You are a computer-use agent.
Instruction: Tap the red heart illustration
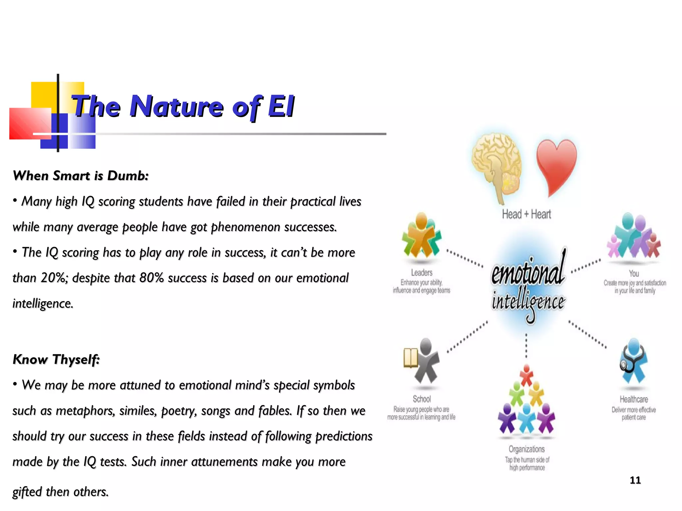(x=556, y=165)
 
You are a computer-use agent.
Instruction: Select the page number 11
(x=635, y=480)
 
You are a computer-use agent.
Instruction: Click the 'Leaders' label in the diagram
(x=422, y=273)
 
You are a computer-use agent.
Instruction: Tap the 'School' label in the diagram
(x=422, y=399)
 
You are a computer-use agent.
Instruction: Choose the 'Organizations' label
(x=526, y=449)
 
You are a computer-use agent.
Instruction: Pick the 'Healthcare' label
(x=634, y=399)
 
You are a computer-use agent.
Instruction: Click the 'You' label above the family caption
(x=634, y=273)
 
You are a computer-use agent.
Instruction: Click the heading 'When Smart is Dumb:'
(x=81, y=176)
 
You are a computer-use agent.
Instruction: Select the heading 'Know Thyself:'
(x=56, y=359)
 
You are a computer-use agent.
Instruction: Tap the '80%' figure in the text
(x=152, y=278)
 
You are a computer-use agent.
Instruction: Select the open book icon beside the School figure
(x=411, y=358)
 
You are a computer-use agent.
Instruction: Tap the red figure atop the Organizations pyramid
(x=526, y=374)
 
